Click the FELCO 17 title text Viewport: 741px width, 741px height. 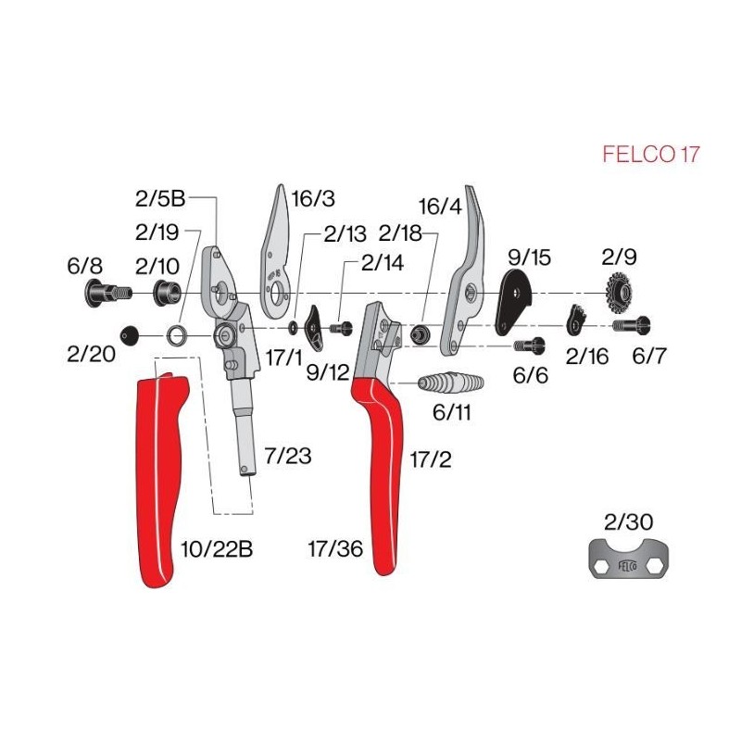point(650,154)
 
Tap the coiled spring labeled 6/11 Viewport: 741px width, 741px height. point(451,383)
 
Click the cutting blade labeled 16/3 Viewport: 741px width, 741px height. point(275,252)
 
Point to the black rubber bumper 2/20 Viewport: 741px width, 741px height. point(130,336)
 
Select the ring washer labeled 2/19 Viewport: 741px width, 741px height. point(176,336)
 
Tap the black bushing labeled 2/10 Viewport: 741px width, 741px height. point(167,293)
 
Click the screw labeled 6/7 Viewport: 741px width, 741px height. point(632,325)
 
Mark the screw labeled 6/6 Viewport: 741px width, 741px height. point(529,345)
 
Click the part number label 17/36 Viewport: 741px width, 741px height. point(335,548)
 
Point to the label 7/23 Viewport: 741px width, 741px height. point(288,456)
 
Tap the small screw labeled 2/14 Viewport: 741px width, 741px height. point(341,328)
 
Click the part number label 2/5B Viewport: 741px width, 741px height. point(159,198)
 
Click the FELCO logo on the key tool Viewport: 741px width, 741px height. point(628,565)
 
